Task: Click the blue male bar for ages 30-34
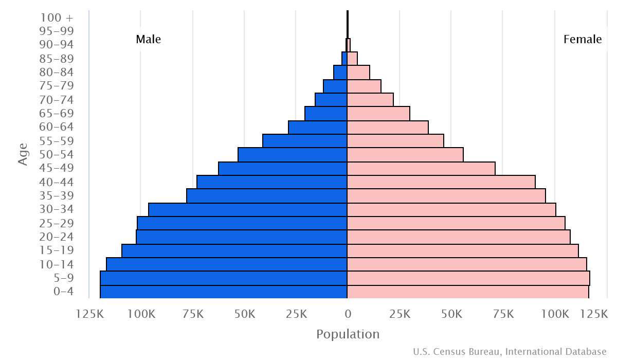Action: pos(248,210)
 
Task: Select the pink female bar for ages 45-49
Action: pos(421,169)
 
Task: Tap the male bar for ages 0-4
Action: pos(224,292)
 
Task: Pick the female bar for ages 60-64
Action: pos(388,128)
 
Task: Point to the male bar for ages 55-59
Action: pos(305,141)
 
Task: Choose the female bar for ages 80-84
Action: pos(358,73)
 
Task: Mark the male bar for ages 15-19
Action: pos(234,251)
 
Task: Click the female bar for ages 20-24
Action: pos(459,237)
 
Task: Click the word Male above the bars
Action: pos(149,40)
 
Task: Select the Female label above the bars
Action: pos(583,40)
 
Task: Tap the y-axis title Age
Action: pos(23,154)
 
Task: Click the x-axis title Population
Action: pos(348,334)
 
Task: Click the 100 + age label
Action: pos(57,17)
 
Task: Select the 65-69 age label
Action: pos(57,114)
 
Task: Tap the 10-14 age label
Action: pos(57,265)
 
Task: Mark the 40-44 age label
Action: pos(57,182)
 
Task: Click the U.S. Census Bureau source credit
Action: pos(510,352)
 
